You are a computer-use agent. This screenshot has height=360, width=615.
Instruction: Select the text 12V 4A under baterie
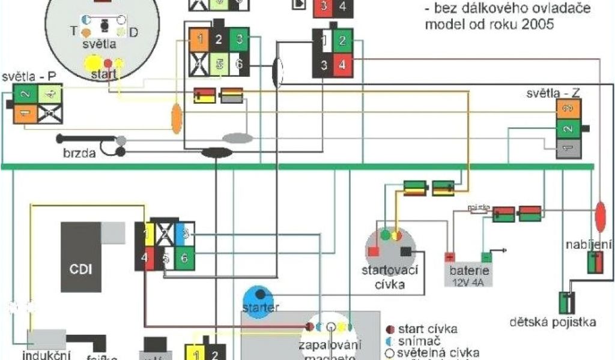coord(470,281)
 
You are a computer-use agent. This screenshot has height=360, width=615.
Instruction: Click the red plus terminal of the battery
coord(450,257)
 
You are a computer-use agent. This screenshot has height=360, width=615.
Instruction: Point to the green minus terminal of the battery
coord(487,257)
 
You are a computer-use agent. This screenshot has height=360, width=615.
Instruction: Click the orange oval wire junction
coord(177,118)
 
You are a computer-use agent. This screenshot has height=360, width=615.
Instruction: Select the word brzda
coord(79,152)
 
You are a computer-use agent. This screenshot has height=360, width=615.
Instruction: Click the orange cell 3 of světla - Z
coord(568,109)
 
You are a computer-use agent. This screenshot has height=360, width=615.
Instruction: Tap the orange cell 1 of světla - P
coord(25,113)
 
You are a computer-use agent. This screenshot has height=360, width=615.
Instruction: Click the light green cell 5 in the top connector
coord(220,64)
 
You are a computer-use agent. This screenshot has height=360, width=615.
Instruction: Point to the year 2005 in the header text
coord(538,25)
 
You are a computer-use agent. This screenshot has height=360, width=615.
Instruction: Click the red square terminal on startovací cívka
coord(372,251)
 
